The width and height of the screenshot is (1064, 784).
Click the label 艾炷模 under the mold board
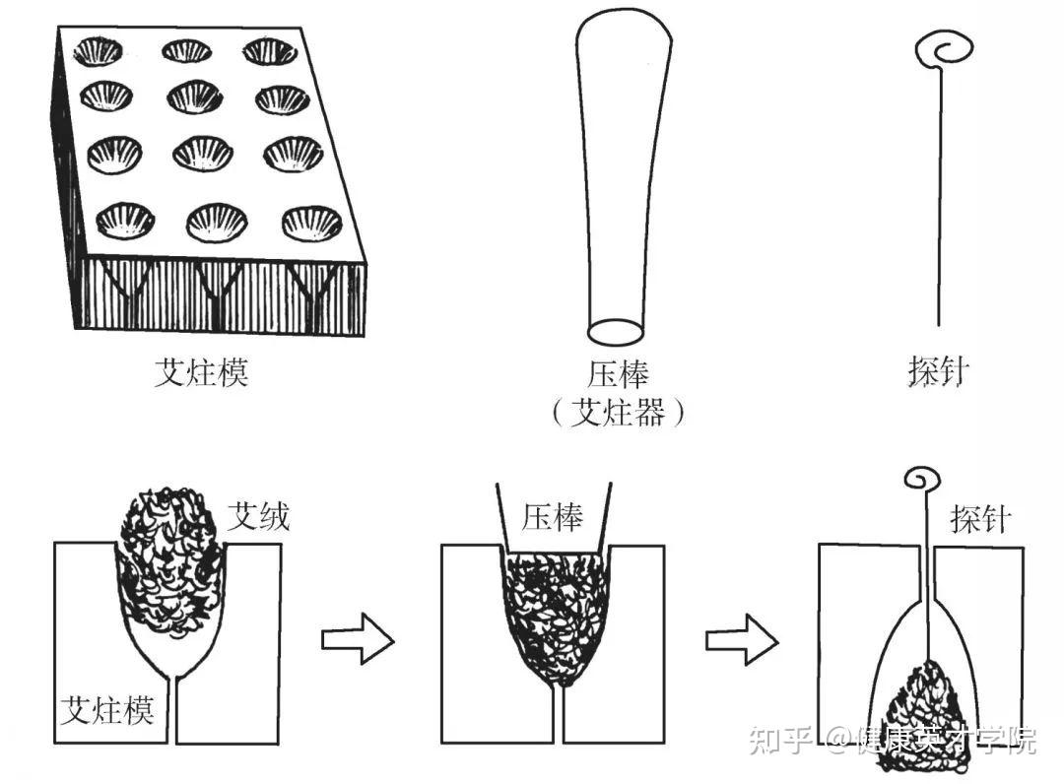click(x=201, y=371)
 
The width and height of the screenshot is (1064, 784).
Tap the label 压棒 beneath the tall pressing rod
click(x=618, y=373)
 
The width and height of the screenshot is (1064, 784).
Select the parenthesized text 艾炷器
click(x=618, y=412)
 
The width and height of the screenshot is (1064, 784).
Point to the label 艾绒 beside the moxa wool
click(x=258, y=517)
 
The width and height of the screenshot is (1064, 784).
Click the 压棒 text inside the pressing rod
click(x=553, y=517)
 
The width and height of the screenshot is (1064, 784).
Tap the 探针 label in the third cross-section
click(x=981, y=519)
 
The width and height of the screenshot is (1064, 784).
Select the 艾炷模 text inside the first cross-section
click(x=107, y=709)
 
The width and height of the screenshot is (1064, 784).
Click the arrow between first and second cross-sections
click(x=358, y=639)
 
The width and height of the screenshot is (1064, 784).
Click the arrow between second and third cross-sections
click(x=743, y=639)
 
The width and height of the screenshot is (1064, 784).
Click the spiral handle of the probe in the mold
click(x=923, y=480)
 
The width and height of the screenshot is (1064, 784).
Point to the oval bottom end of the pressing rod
click(x=616, y=332)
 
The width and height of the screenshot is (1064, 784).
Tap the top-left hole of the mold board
click(x=99, y=51)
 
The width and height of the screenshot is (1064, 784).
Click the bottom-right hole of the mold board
click(x=312, y=224)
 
